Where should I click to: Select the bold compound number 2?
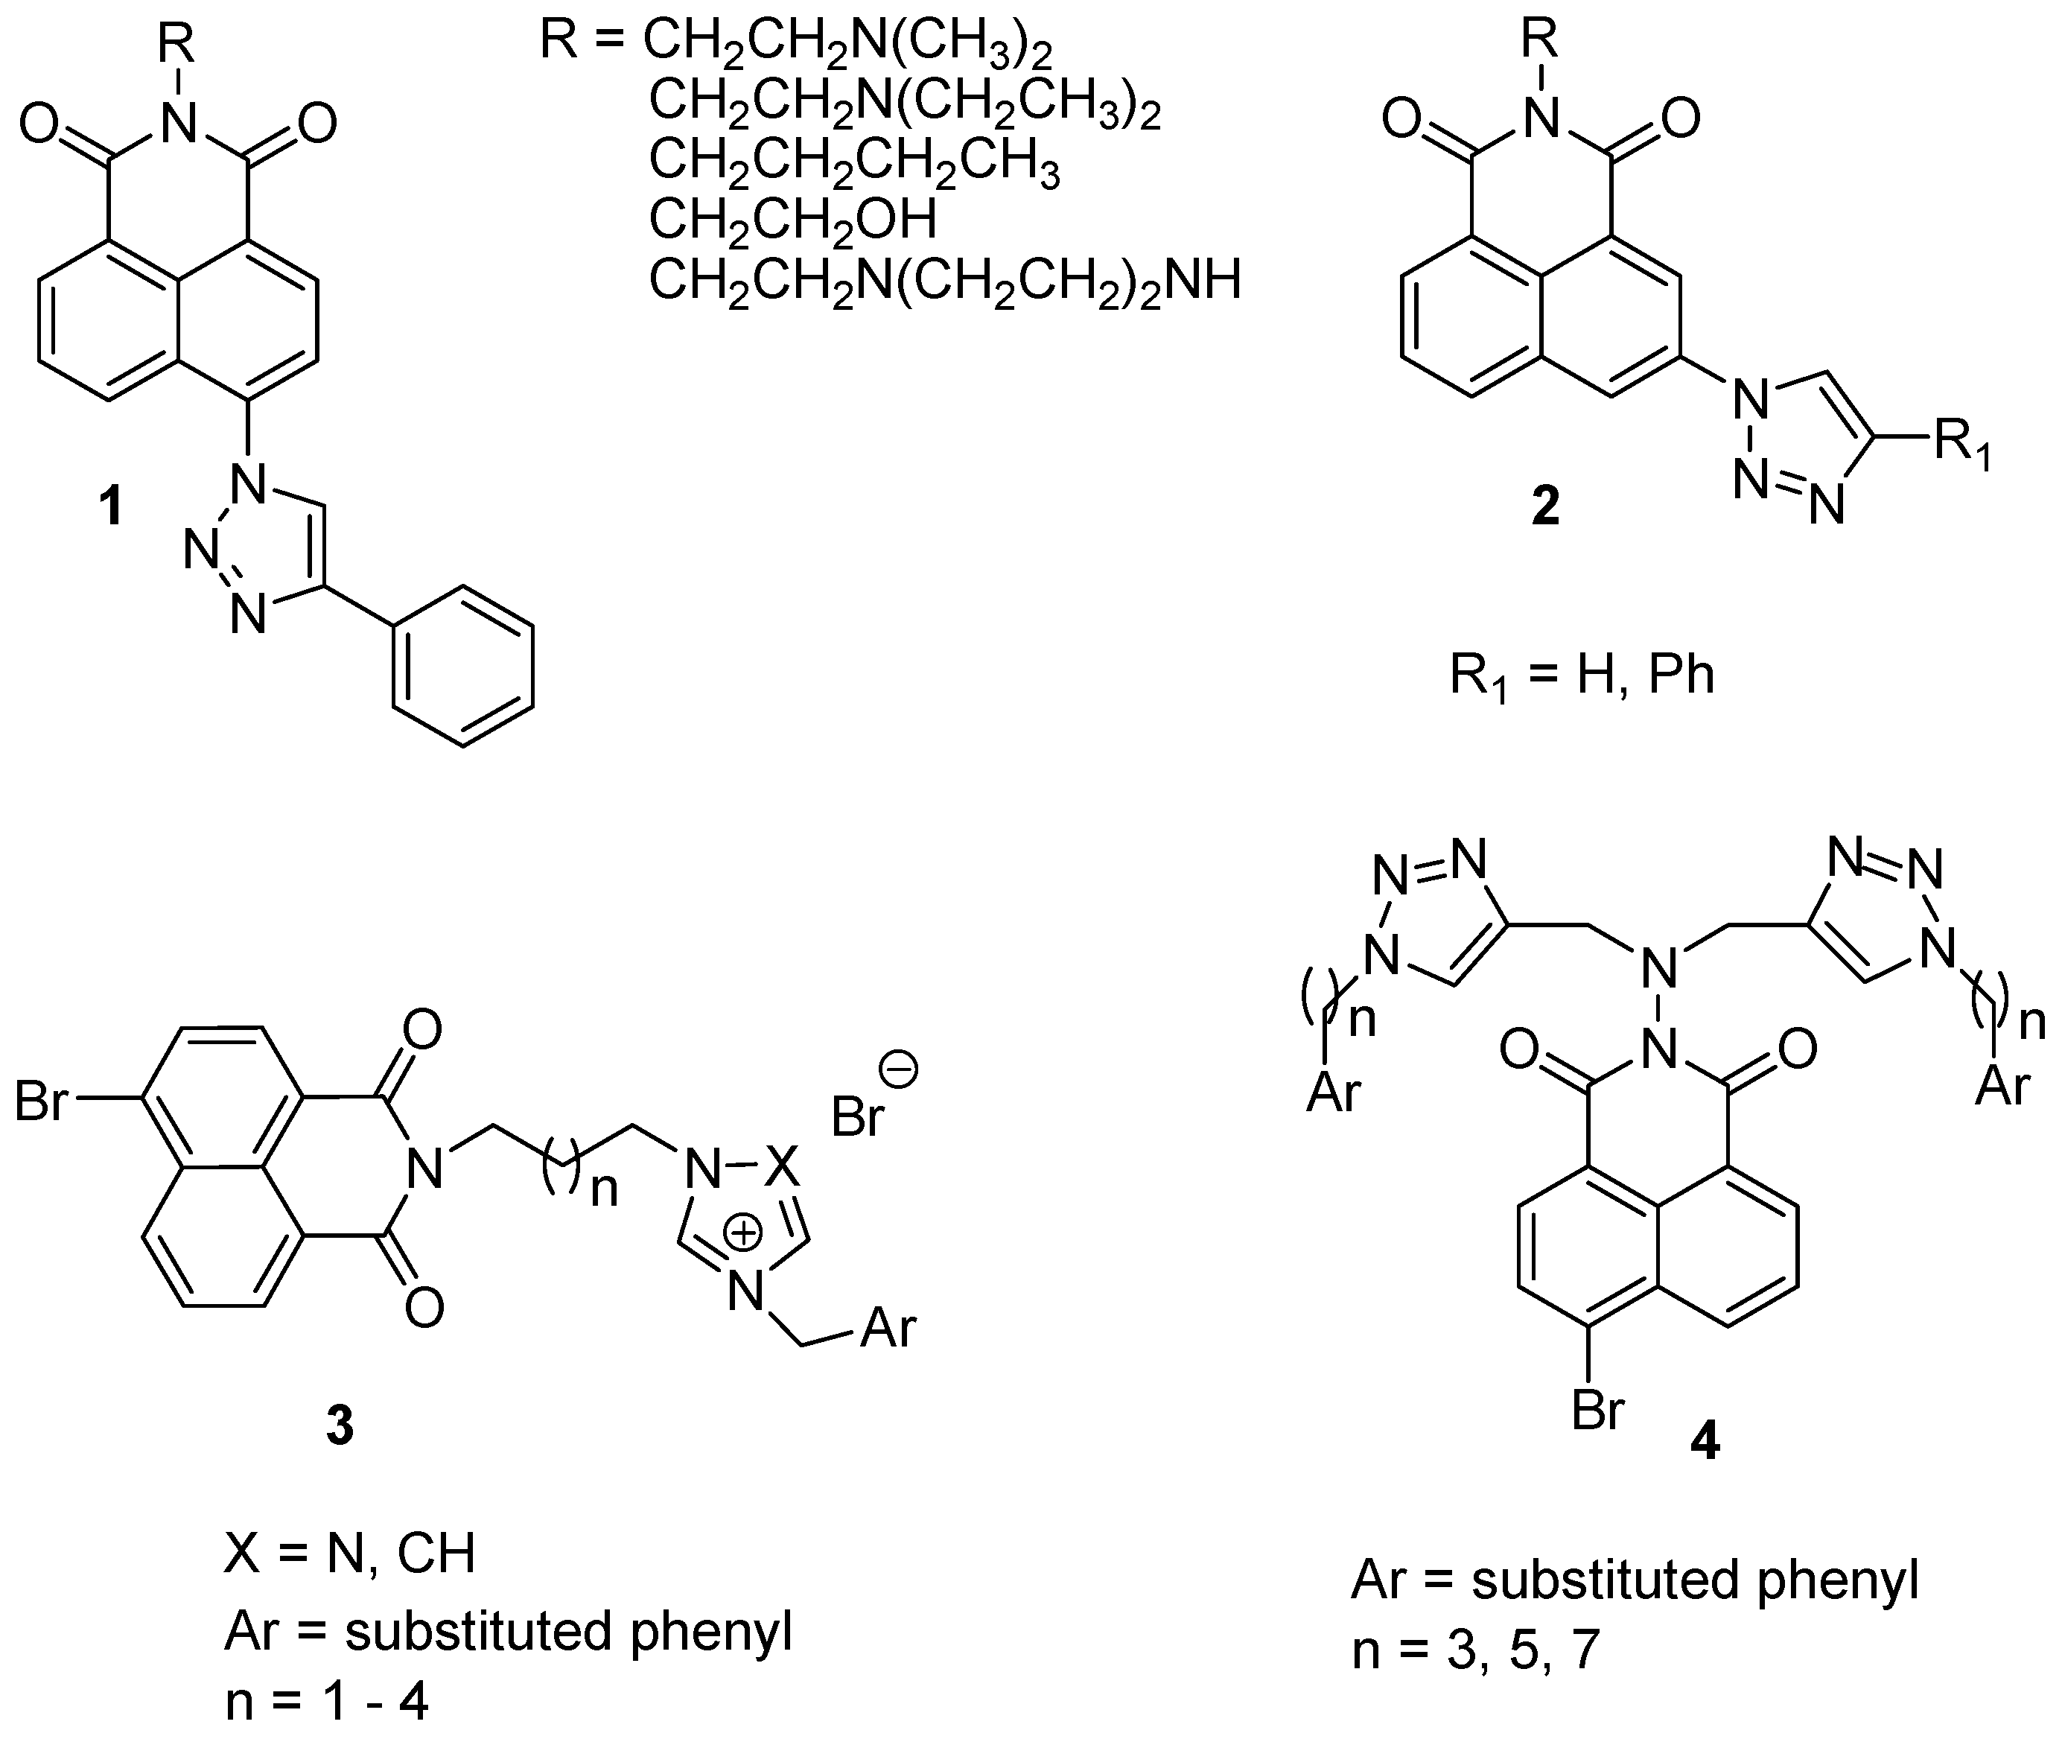tap(1544, 506)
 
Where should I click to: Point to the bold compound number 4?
tap(1705, 1443)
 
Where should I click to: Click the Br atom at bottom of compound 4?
tap(1597, 1413)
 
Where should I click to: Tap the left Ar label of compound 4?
tap(1333, 1093)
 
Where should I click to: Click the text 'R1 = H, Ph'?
tap(1581, 676)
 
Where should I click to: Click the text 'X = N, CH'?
tap(350, 1554)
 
